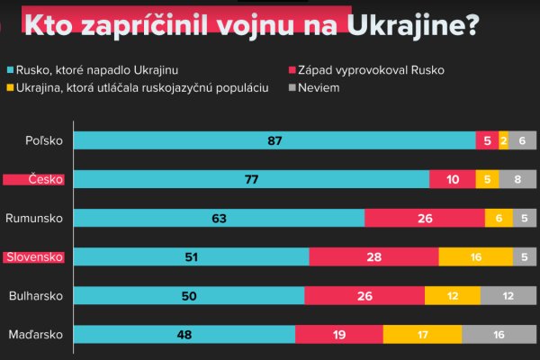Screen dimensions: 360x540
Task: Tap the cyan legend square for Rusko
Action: [10, 69]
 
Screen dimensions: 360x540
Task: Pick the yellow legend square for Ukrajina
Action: [10, 88]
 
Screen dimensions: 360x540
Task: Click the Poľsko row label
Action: [45, 140]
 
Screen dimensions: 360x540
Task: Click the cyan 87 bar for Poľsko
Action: [274, 140]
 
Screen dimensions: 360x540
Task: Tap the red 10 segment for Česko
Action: [452, 179]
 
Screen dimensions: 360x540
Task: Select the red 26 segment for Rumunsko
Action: [424, 218]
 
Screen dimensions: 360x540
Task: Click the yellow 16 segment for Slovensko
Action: [476, 257]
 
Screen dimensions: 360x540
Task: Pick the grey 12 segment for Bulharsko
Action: [508, 295]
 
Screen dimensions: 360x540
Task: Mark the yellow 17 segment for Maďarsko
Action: [422, 335]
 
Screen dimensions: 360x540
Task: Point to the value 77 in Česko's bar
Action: [252, 179]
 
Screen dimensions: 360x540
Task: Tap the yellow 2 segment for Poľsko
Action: [503, 140]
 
